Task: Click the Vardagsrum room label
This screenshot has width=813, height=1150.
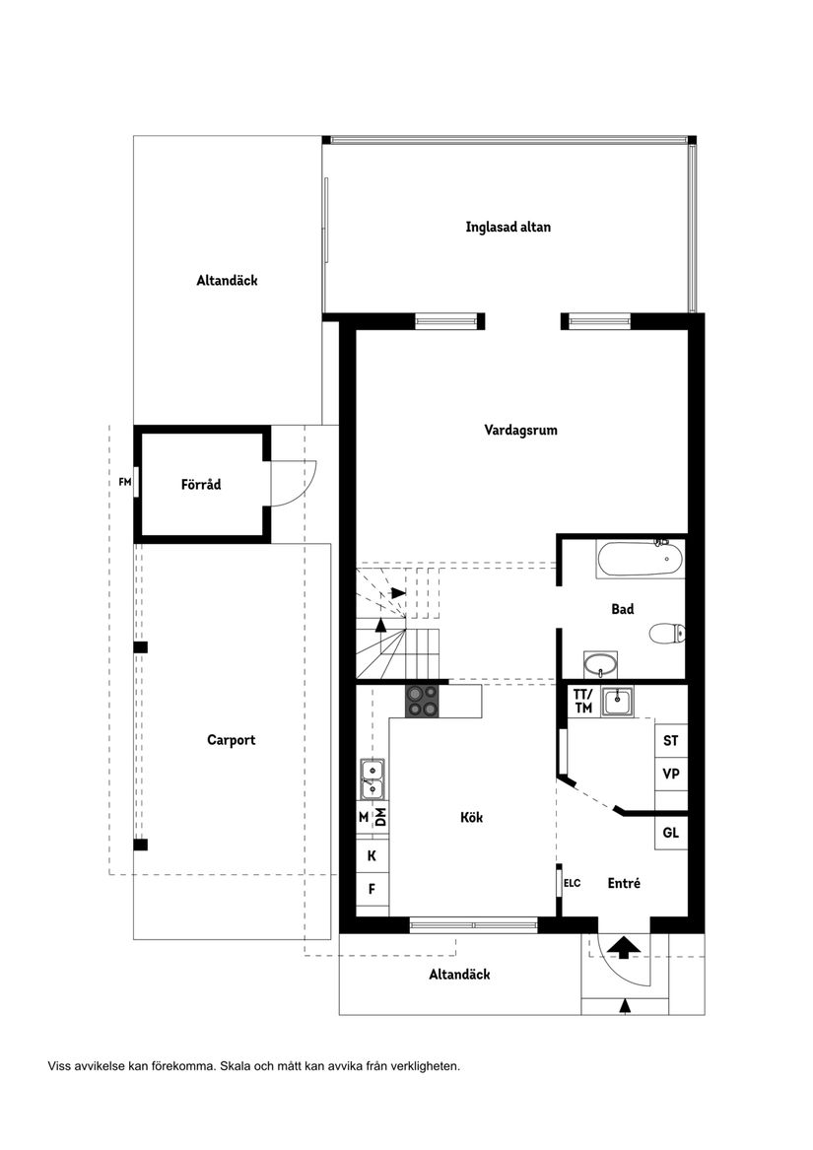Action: [x=520, y=430]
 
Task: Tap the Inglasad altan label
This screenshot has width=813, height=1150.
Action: [x=508, y=227]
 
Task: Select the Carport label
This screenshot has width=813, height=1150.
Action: [x=231, y=739]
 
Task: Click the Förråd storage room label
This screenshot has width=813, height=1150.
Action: [x=201, y=484]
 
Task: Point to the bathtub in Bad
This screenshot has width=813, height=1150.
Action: [x=640, y=560]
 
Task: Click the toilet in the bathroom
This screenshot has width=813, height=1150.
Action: [x=667, y=633]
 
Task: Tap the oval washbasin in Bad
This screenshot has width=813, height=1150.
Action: [x=598, y=663]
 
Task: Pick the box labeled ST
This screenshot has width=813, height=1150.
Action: [x=671, y=739]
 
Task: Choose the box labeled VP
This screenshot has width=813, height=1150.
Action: [x=671, y=774]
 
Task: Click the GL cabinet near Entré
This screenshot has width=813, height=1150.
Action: [x=671, y=833]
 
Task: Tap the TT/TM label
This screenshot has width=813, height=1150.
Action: [x=582, y=701]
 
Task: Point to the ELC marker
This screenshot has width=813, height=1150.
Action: [x=572, y=883]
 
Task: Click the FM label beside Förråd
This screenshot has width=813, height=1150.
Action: [x=124, y=482]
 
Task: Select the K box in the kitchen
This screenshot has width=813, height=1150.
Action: [x=372, y=855]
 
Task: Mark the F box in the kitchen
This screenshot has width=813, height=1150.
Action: [x=372, y=889]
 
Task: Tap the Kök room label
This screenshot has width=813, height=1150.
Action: [x=472, y=817]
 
